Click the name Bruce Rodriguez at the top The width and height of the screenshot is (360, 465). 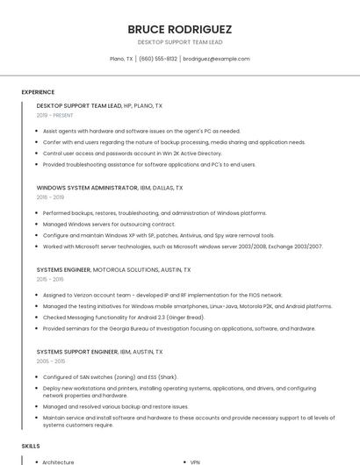(x=179, y=28)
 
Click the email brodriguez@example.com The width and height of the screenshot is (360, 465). (x=216, y=59)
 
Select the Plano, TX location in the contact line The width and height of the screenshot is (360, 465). (x=121, y=59)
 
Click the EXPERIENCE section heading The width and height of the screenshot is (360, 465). (x=38, y=92)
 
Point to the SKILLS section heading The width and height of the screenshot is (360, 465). (x=31, y=447)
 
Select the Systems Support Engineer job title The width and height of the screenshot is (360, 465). (x=77, y=352)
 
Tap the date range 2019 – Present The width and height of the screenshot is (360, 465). (x=55, y=115)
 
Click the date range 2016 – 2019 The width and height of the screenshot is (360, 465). (x=50, y=197)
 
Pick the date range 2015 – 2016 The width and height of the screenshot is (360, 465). (x=50, y=279)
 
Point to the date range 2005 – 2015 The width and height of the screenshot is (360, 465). (x=51, y=361)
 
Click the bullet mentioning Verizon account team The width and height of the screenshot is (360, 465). (x=162, y=296)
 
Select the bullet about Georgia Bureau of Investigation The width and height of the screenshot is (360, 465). (x=179, y=329)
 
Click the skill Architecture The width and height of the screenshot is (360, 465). (x=59, y=461)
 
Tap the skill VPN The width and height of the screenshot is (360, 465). (x=196, y=461)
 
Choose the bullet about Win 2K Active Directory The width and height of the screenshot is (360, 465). (x=132, y=153)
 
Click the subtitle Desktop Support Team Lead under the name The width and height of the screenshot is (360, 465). (x=179, y=42)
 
